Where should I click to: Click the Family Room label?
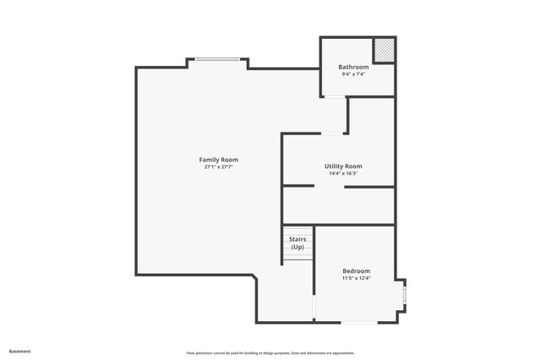pyautogui.click(x=218, y=160)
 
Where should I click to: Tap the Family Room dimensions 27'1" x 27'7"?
pyautogui.click(x=218, y=167)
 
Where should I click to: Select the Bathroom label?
pyautogui.click(x=353, y=67)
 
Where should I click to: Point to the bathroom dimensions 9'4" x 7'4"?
pyautogui.click(x=353, y=74)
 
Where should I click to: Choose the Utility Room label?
pyautogui.click(x=343, y=166)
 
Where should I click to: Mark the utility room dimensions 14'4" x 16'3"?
pyautogui.click(x=343, y=174)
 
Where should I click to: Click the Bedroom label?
pyautogui.click(x=356, y=270)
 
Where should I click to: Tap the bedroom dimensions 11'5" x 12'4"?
pyautogui.click(x=356, y=278)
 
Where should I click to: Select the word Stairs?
pyautogui.click(x=298, y=240)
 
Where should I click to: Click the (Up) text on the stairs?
pyautogui.click(x=298, y=248)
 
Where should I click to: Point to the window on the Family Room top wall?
pyautogui.click(x=217, y=58)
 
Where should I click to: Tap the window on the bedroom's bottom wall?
pyautogui.click(x=358, y=322)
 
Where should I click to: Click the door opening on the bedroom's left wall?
pyautogui.click(x=314, y=306)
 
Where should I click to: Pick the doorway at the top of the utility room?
pyautogui.click(x=331, y=134)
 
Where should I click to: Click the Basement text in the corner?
pyautogui.click(x=19, y=351)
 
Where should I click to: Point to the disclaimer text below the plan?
pyautogui.click(x=270, y=353)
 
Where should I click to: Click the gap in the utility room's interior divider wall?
pyautogui.click(x=329, y=186)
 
